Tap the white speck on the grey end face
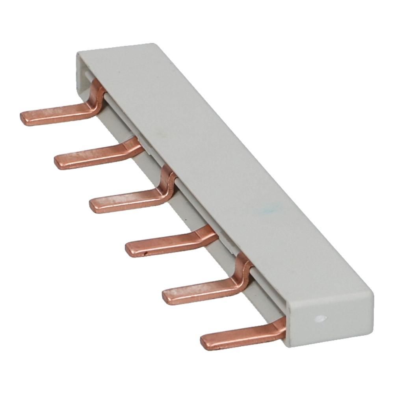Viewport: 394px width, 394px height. coord(319,317)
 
